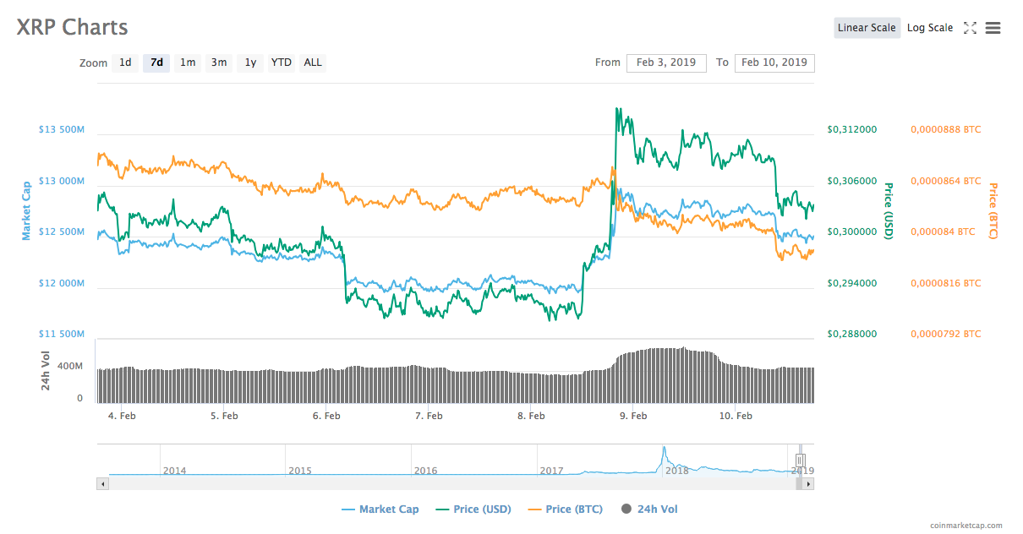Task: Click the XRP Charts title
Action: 73,27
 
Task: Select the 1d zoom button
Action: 125,63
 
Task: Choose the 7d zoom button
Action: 156,63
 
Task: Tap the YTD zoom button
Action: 282,63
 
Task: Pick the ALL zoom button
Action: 313,63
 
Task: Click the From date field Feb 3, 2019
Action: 666,63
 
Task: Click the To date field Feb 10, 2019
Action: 774,63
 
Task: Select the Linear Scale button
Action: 867,28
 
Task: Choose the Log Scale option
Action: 930,28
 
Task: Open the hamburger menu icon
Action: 993,28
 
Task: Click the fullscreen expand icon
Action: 970,28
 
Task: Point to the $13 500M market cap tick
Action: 62,130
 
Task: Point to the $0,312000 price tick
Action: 851,130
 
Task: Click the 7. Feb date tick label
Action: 429,416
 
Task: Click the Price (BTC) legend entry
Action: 565,509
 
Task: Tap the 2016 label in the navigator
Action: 425,471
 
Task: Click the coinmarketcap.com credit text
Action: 966,526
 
